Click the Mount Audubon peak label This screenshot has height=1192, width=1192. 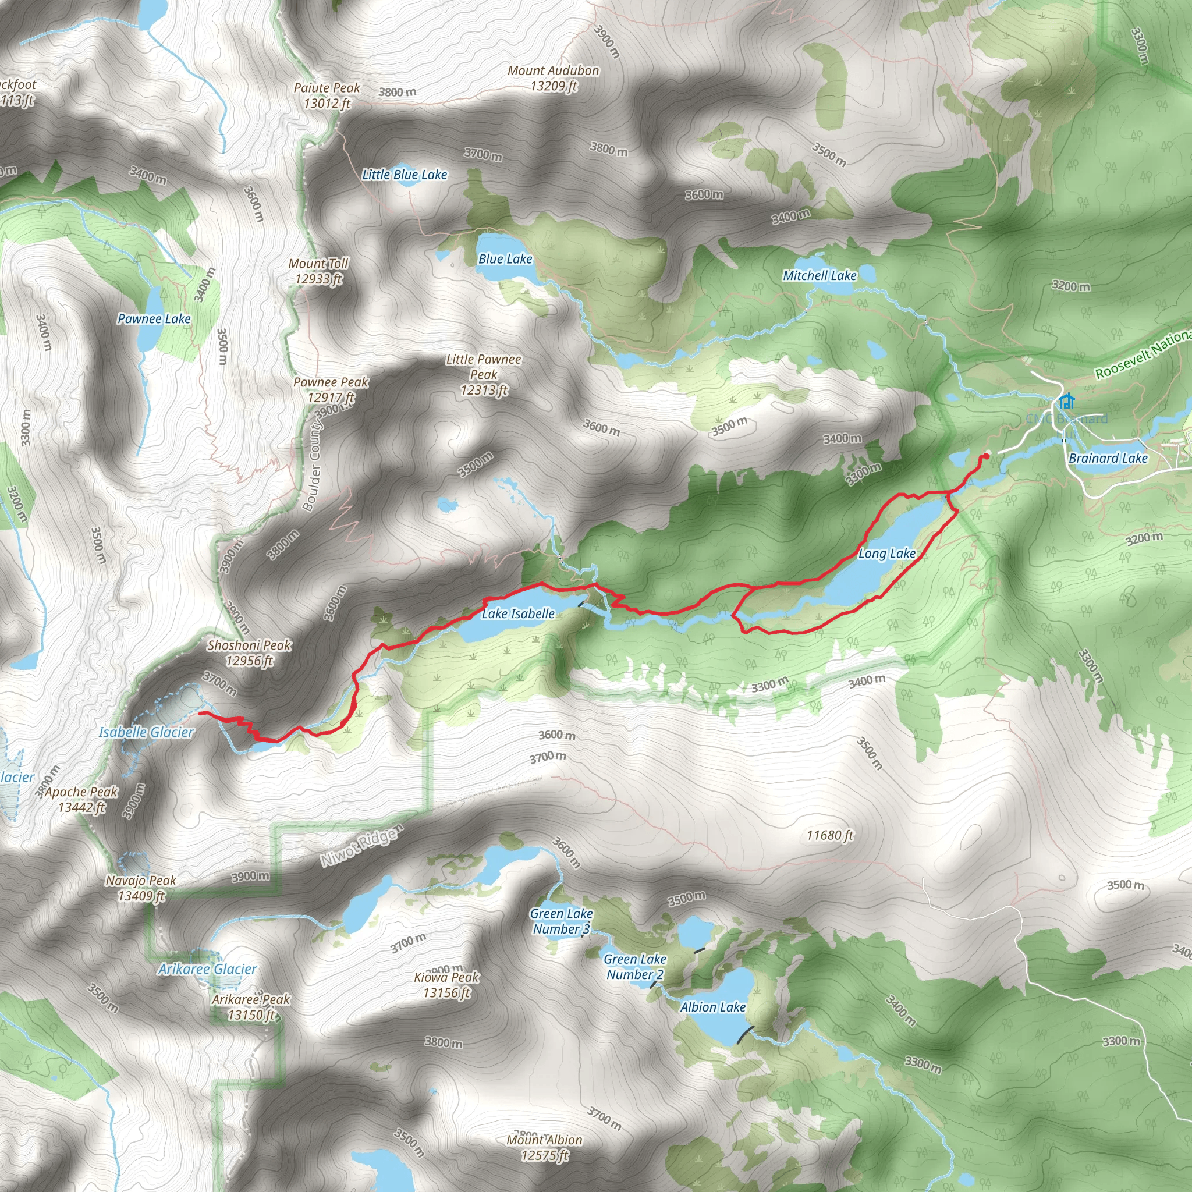(553, 79)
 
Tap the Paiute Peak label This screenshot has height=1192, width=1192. (327, 95)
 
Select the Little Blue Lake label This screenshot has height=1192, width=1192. (404, 175)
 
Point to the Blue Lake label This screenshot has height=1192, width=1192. (505, 259)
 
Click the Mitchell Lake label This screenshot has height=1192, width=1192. (819, 276)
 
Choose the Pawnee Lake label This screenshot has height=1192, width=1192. (154, 319)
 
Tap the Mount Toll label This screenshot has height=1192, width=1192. (318, 271)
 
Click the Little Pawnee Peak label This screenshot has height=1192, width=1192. (484, 374)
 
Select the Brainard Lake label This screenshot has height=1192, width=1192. (1108, 458)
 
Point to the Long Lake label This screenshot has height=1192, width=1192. (886, 554)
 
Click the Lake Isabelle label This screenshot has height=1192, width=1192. (517, 613)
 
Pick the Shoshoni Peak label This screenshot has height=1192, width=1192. (249, 653)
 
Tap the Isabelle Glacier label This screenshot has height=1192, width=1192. (146, 732)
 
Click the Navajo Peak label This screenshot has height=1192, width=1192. (141, 888)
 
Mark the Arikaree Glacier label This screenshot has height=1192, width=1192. (207, 969)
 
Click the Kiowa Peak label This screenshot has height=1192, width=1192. (446, 985)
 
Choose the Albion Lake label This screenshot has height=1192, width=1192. (712, 1007)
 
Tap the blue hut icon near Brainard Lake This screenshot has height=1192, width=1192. (1066, 402)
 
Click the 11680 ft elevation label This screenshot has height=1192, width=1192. (830, 835)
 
